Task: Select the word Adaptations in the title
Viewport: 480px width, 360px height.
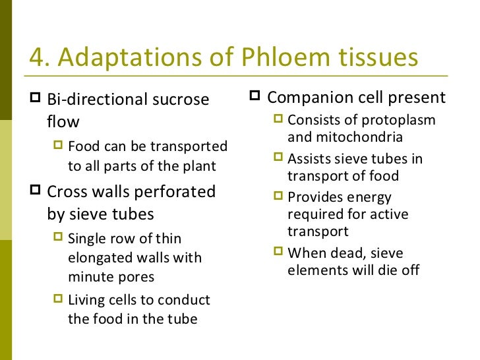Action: pos(134,59)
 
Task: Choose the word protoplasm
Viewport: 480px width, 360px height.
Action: pos(399,121)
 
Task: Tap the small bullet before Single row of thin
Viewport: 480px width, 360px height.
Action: pos(59,238)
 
